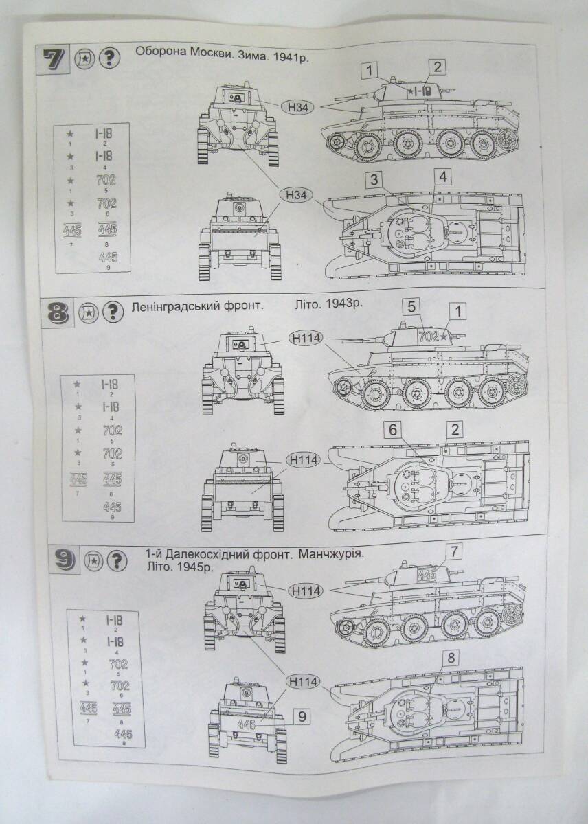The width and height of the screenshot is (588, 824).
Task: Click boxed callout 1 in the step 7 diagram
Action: pyautogui.click(x=370, y=70)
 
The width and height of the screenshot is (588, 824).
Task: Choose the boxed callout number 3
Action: pyautogui.click(x=373, y=180)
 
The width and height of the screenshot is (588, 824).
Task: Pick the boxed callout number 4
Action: pyautogui.click(x=444, y=177)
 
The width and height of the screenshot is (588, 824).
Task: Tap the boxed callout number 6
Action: pyautogui.click(x=393, y=430)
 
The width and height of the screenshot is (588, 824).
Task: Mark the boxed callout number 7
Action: pyautogui.click(x=454, y=551)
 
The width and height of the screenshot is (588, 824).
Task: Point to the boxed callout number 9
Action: pyautogui.click(x=302, y=717)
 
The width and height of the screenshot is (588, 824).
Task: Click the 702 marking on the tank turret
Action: pyautogui.click(x=427, y=336)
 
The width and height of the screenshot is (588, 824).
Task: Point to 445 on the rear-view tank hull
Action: pyautogui.click(x=246, y=724)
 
